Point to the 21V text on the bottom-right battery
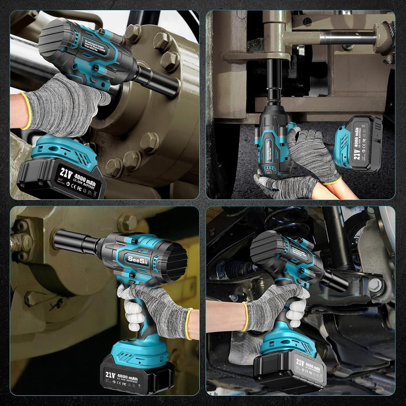[300, 362]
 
